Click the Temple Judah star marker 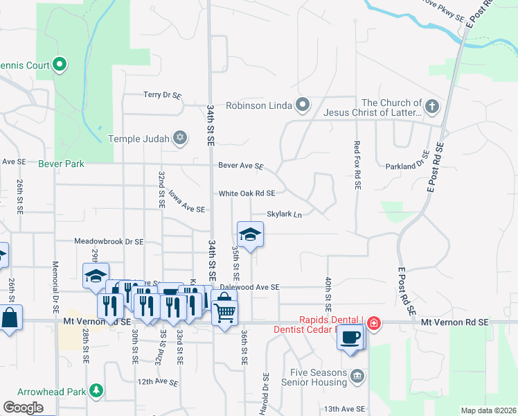180,138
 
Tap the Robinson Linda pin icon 302,105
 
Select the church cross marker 432,106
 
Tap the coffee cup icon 350,337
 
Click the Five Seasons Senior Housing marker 357,376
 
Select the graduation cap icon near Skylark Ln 251,234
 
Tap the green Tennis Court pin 60,66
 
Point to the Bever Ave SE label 241,166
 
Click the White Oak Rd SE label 247,193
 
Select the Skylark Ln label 285,215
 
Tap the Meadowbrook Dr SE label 109,242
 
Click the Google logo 23,408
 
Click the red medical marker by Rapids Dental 373,322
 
